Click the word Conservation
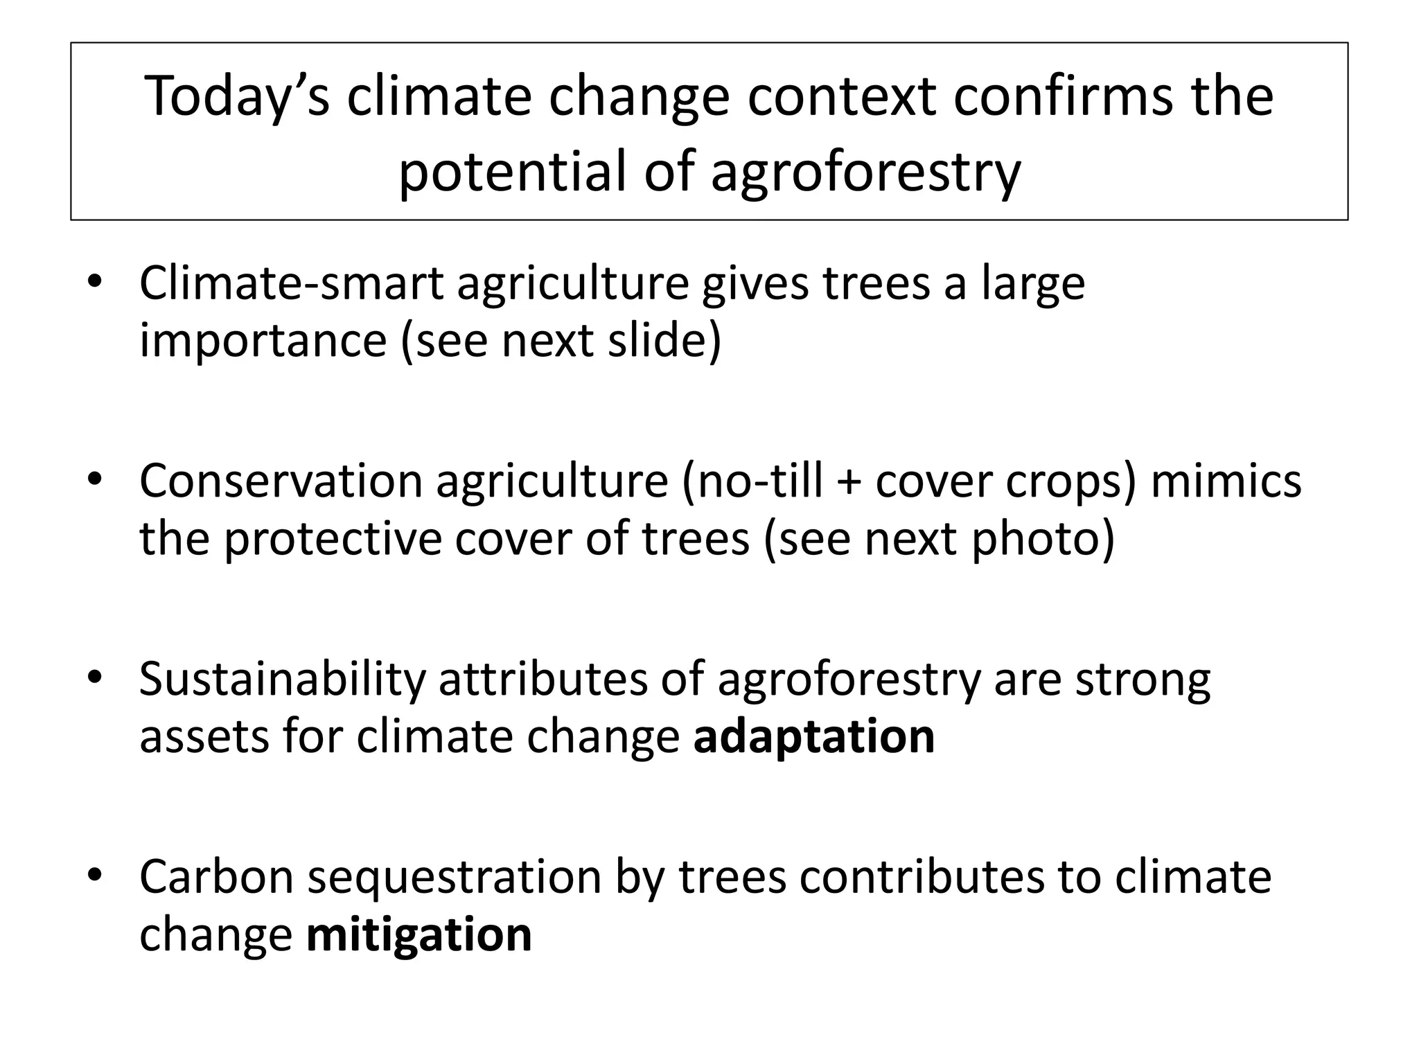coord(281,481)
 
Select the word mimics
coord(1226,481)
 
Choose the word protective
coord(332,539)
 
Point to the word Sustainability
coord(281,680)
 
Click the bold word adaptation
coord(814,737)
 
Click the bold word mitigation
coord(418,935)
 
